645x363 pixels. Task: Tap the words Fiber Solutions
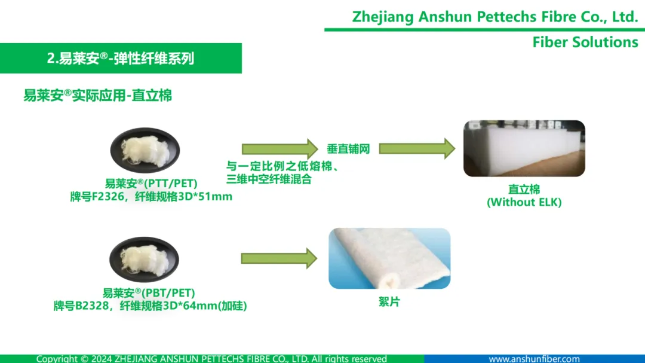pyautogui.click(x=585, y=42)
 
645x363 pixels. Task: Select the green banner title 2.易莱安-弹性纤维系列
pyautogui.click(x=121, y=59)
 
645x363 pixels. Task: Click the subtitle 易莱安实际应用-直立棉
pyautogui.click(x=97, y=96)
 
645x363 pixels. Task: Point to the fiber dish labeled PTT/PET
pyautogui.click(x=145, y=150)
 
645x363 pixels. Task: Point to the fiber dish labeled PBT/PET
pyautogui.click(x=144, y=259)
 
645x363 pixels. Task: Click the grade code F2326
pyautogui.click(x=107, y=197)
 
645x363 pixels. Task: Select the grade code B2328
pyautogui.click(x=92, y=306)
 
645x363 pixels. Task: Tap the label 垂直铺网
pyautogui.click(x=348, y=149)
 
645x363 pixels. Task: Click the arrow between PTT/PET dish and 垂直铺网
pyautogui.click(x=279, y=149)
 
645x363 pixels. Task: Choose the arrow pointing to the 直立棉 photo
pyautogui.click(x=417, y=148)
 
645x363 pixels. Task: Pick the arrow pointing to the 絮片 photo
pyautogui.click(x=279, y=258)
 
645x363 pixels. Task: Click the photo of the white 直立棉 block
pyautogui.click(x=524, y=148)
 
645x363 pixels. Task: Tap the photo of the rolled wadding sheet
pyautogui.click(x=389, y=258)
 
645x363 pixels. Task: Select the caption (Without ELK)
pyautogui.click(x=524, y=202)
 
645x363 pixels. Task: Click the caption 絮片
pyautogui.click(x=389, y=301)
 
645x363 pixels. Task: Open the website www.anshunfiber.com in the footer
pyautogui.click(x=534, y=359)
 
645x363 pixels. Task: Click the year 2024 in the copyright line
pyautogui.click(x=102, y=359)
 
